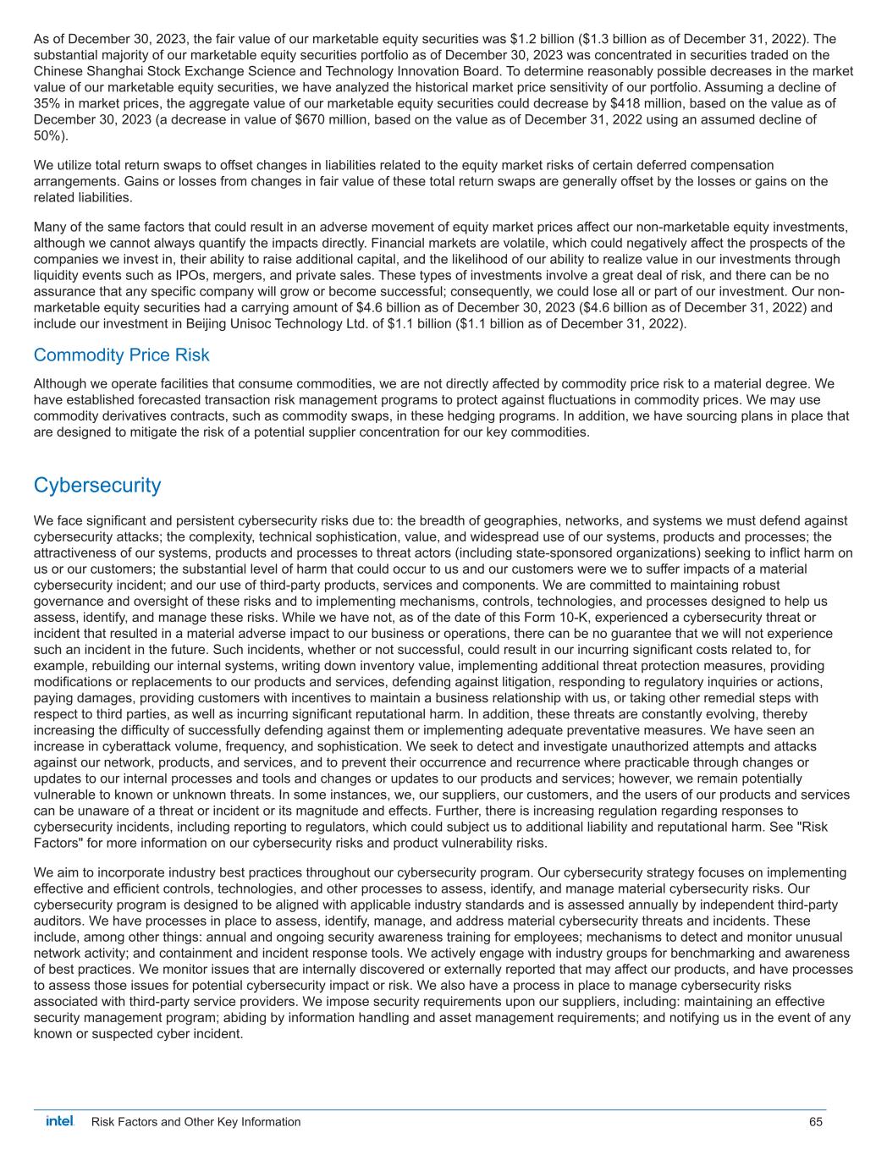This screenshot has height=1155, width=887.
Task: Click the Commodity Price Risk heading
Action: (121, 355)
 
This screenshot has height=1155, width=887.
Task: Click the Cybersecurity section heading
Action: (97, 485)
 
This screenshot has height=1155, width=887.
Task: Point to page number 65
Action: (816, 1122)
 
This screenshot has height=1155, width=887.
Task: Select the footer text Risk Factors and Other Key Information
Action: (196, 1122)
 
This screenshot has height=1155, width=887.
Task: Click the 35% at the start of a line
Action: (47, 103)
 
